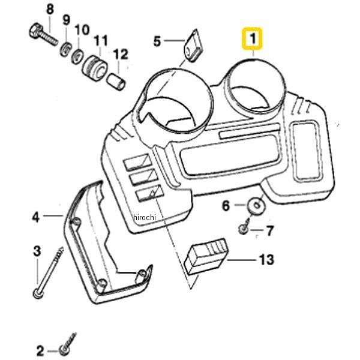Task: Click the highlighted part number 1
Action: click(x=253, y=40)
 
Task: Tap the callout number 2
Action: click(x=40, y=350)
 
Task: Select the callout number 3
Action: click(x=37, y=250)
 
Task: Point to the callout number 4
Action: click(x=35, y=216)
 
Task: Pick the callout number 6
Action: click(x=226, y=206)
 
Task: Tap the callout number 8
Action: click(x=49, y=9)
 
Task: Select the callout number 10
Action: click(x=82, y=29)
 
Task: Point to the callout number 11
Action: click(x=100, y=41)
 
